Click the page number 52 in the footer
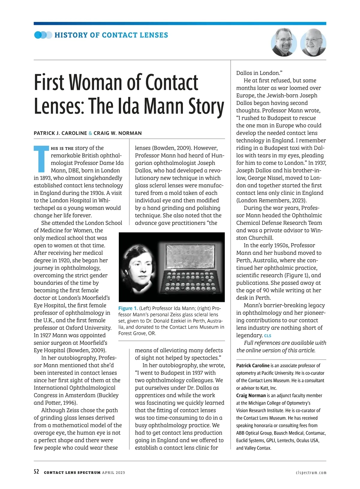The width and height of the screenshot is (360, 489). (x=36, y=472)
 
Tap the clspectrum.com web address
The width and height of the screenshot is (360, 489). (x=311, y=473)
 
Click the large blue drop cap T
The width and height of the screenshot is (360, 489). (x=41, y=159)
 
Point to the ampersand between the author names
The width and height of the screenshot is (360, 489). (x=90, y=133)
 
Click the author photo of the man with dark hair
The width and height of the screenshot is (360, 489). (x=283, y=43)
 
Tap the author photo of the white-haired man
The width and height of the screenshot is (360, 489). (x=313, y=43)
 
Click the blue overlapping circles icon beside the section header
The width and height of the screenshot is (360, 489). (x=43, y=35)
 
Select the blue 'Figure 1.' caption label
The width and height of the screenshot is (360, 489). (x=128, y=308)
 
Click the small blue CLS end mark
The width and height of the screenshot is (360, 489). (x=268, y=336)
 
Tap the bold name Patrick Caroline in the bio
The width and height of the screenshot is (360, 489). (x=253, y=365)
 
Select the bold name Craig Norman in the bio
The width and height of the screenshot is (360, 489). (x=251, y=395)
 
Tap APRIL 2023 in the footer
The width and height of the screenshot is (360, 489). (x=113, y=473)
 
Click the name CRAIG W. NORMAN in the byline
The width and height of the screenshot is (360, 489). (x=118, y=133)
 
